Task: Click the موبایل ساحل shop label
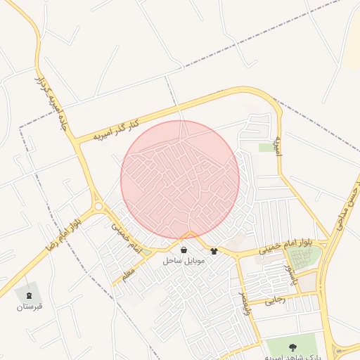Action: [184, 260]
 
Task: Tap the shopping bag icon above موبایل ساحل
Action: [184, 250]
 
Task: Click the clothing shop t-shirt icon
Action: [214, 251]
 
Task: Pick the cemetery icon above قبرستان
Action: [30, 295]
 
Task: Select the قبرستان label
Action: [30, 307]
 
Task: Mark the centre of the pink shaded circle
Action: [180, 179]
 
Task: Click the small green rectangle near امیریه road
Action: [266, 148]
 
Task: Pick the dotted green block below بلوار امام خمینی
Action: [304, 258]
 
